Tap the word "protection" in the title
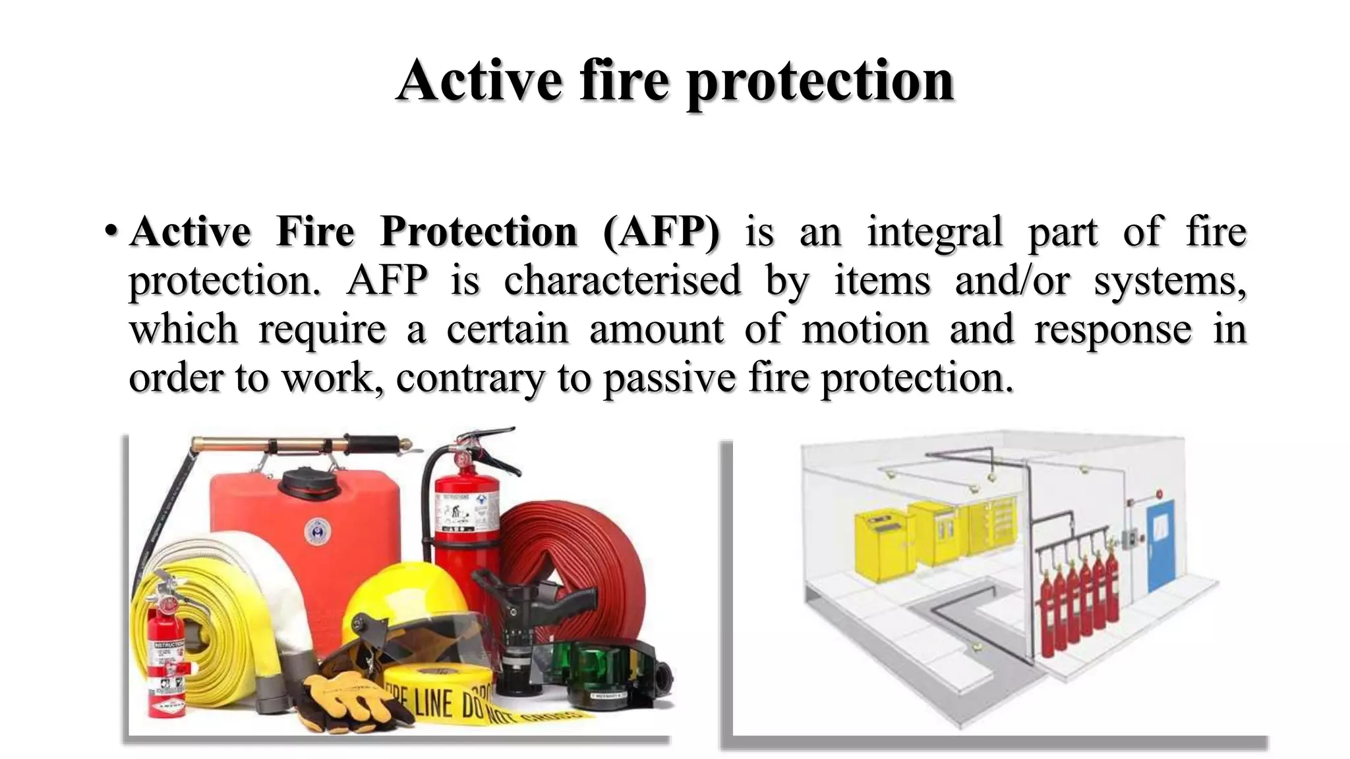[820, 82]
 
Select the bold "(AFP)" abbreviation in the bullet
[661, 232]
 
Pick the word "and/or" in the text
[1011, 281]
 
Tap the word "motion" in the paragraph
[865, 329]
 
